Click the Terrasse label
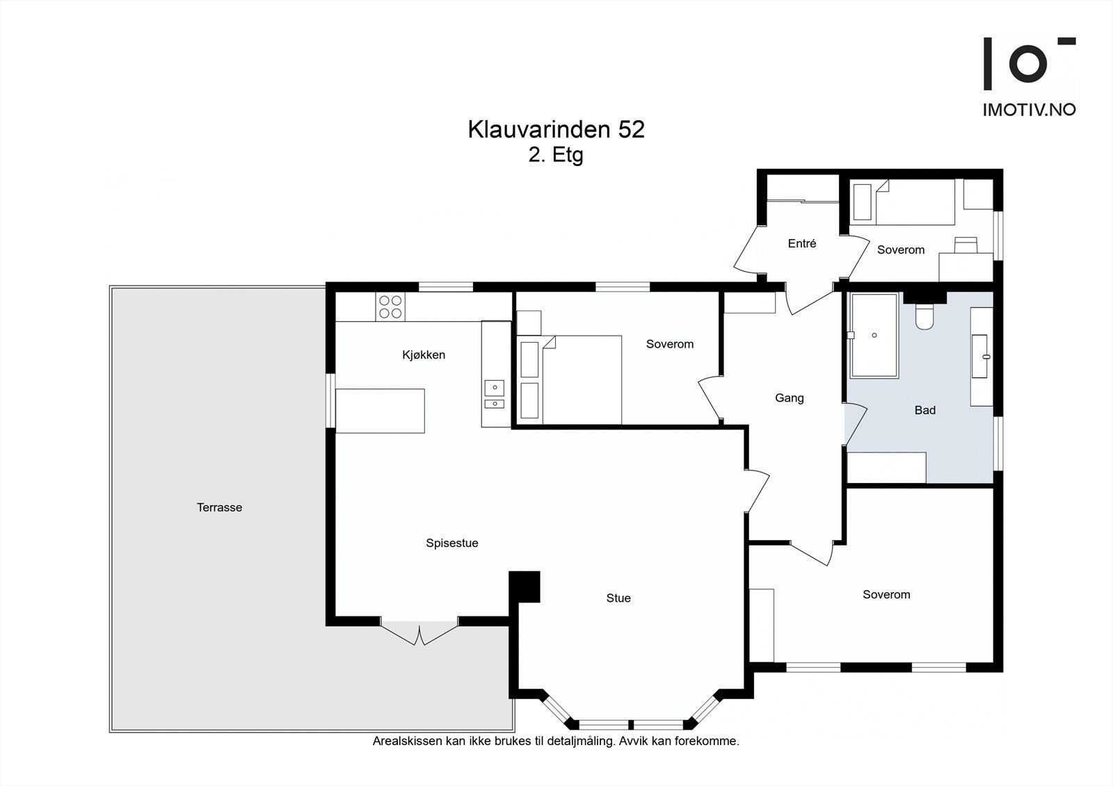tap(219, 507)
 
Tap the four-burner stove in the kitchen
tap(390, 306)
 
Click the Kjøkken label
tap(423, 355)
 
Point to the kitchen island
tap(380, 411)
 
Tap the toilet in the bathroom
tap(924, 317)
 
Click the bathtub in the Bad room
tap(874, 336)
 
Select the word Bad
tap(924, 410)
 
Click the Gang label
tap(789, 398)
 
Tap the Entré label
tap(801, 243)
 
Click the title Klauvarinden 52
tap(556, 129)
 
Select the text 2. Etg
tap(556, 154)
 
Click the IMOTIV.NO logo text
tap(1029, 110)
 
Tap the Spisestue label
tap(452, 543)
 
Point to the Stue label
tap(618, 598)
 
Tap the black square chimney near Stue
tap(525, 587)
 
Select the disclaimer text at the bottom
tap(556, 741)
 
